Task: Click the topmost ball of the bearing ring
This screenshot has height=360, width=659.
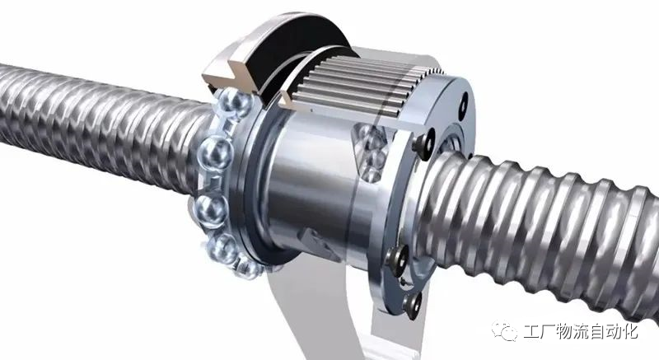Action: coord(235,102)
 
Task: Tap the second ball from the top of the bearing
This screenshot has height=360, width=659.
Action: coord(216,152)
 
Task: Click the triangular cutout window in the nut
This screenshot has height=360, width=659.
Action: coord(369,152)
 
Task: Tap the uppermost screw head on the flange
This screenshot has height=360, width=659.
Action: coord(423,144)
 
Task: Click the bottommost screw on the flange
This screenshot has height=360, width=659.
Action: coord(413,304)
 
